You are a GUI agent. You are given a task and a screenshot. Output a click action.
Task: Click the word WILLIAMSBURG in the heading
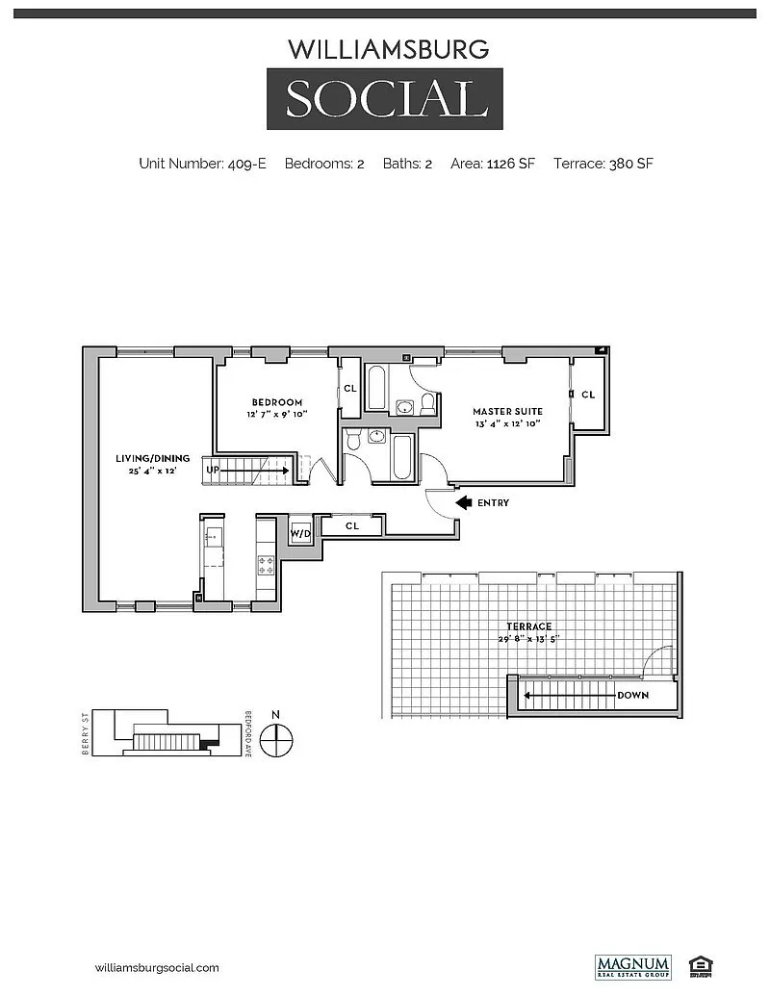coord(390,48)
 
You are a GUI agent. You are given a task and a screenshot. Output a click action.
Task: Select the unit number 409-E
coord(246,164)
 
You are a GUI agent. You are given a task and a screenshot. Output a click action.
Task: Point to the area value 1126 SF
coord(513,164)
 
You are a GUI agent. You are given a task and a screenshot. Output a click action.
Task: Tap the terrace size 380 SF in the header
coord(630,164)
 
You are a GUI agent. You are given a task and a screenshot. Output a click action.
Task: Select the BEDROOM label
coord(277,402)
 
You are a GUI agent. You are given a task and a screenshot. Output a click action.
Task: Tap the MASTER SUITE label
coord(508,411)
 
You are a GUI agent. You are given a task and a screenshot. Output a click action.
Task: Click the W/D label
coord(300,532)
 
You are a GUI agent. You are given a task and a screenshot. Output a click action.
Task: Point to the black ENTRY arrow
coord(463,502)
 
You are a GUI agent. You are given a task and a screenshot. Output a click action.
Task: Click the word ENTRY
coord(493,503)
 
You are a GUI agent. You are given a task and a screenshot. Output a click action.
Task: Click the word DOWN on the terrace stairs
coord(633,695)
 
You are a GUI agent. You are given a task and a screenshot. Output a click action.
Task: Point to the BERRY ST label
coord(86,734)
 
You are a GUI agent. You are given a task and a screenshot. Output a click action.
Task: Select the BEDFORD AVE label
coord(248,735)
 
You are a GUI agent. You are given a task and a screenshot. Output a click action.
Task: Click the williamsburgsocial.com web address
coord(158,967)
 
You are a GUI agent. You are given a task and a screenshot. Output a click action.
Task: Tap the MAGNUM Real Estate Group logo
coord(632,965)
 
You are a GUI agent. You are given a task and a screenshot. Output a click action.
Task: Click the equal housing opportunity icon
coord(696,965)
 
